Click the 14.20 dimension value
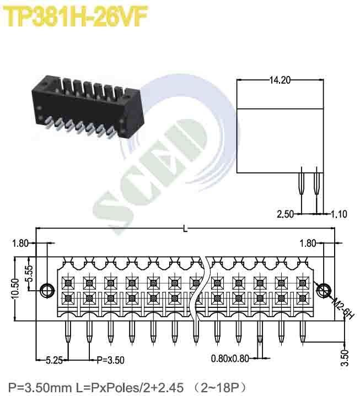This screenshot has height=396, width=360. click(279, 80)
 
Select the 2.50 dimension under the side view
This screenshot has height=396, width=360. click(284, 214)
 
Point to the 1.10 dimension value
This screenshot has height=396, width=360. click(338, 214)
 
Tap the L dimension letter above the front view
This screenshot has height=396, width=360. click(184, 229)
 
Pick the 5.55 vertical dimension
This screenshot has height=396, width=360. click(30, 272)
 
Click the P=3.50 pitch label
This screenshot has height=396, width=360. click(110, 361)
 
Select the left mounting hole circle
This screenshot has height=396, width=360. click(47, 290)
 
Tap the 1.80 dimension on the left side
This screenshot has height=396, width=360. click(19, 243)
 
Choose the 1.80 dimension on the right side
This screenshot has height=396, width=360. click(308, 243)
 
